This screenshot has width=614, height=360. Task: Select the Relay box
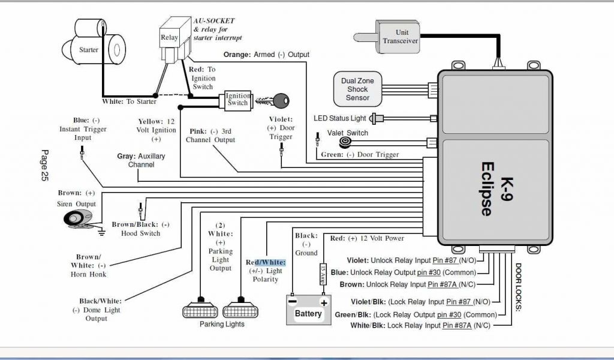[x=170, y=38]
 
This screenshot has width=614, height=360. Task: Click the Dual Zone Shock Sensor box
[x=357, y=89]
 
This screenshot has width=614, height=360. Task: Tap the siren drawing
[x=78, y=219]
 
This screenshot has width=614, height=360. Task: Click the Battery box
[x=308, y=310]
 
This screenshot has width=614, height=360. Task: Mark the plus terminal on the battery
[x=323, y=302]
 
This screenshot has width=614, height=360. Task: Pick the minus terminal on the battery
[x=292, y=302]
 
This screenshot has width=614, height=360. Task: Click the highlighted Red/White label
[x=266, y=263]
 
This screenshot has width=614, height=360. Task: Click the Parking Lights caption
[x=222, y=325]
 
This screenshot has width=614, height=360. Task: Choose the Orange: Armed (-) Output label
[x=266, y=55]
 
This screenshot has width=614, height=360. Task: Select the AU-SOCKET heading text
[x=215, y=21]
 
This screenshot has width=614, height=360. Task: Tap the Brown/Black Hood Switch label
[x=141, y=229]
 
